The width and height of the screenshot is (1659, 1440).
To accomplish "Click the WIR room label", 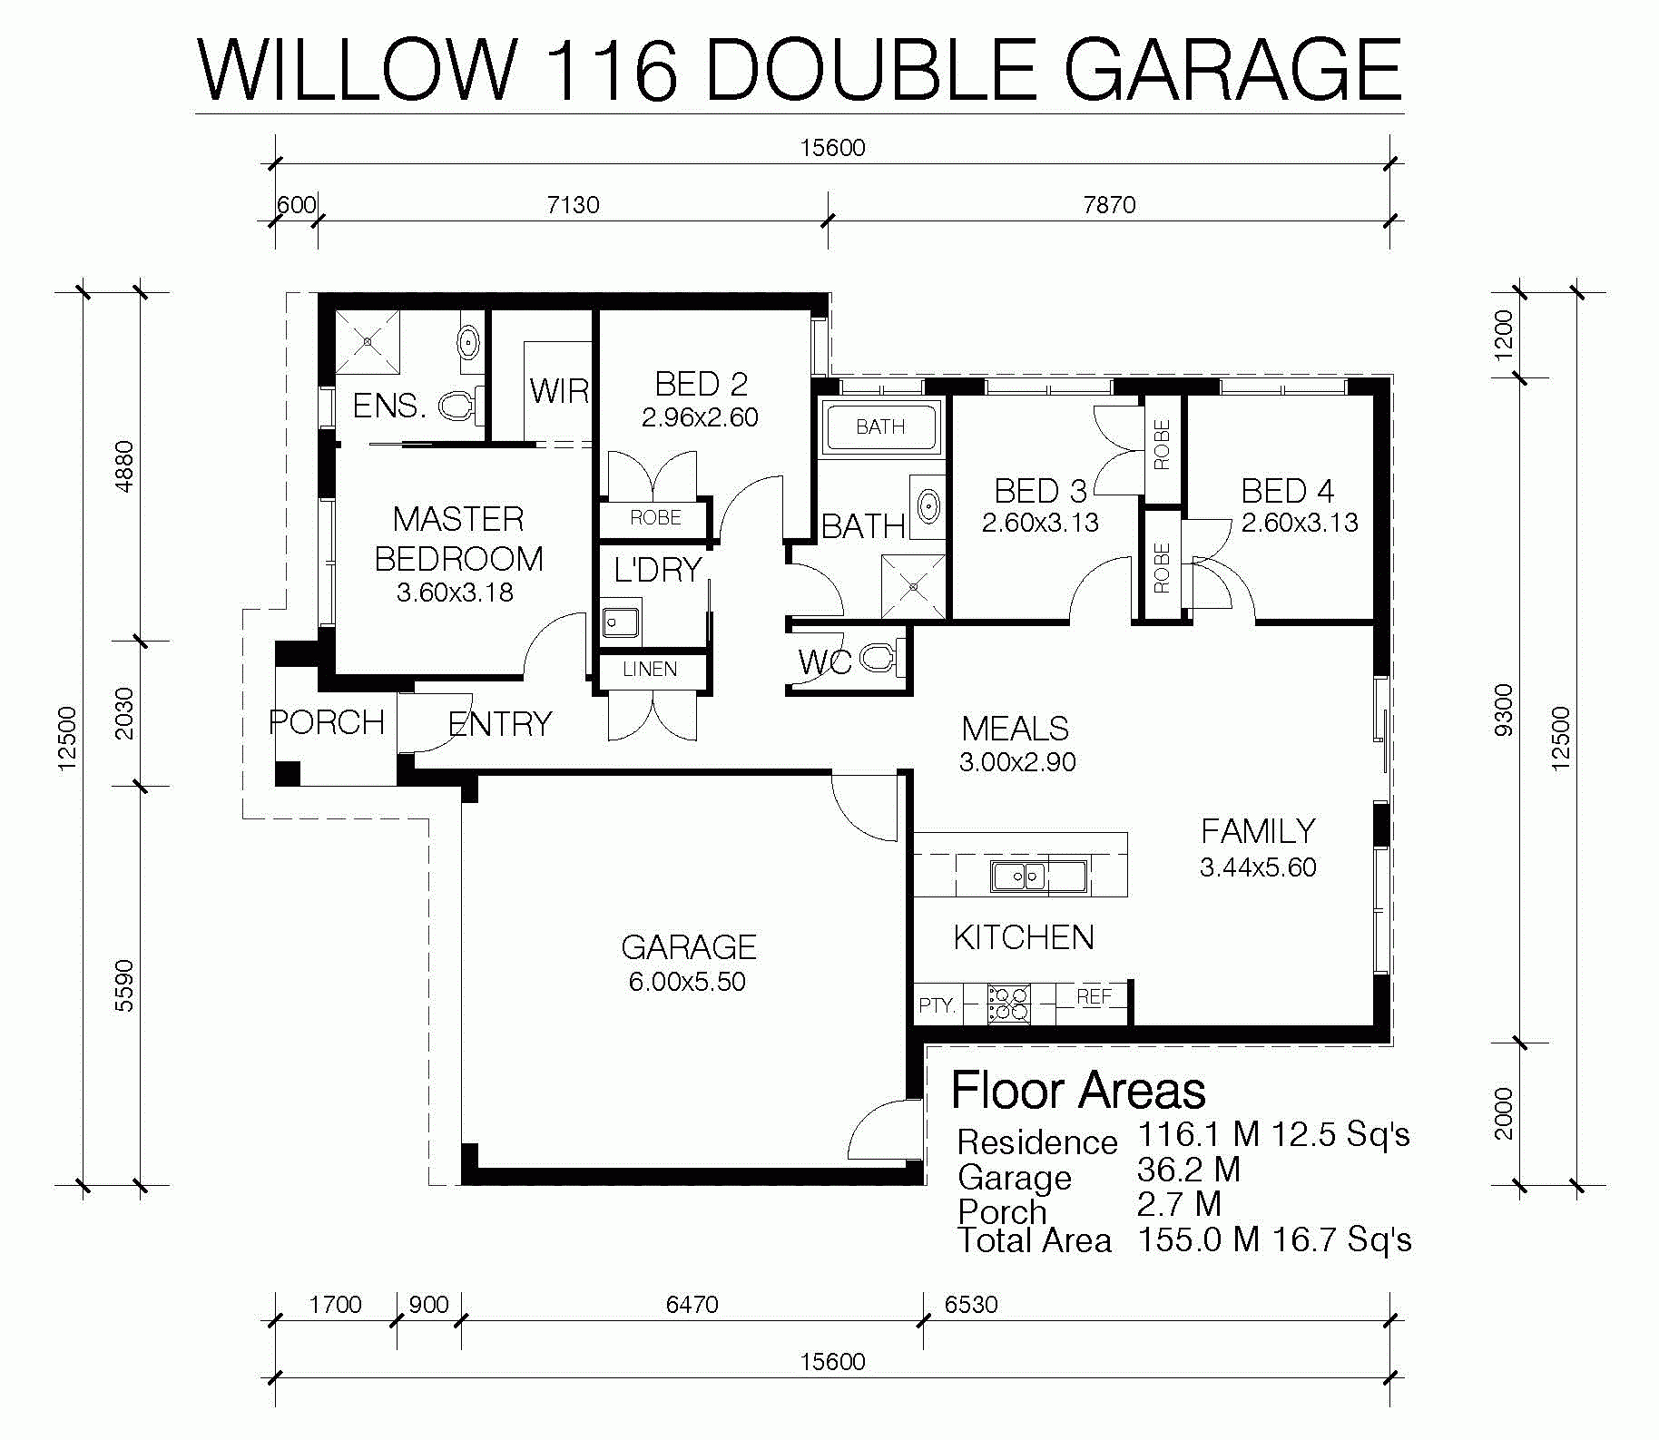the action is coord(559,391).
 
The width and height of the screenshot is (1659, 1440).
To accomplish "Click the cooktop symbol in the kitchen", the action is coord(1009,1004).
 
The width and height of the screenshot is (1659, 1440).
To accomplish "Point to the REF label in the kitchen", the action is coord(1094,996).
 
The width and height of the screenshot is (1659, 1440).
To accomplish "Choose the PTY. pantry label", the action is coord(937,1005).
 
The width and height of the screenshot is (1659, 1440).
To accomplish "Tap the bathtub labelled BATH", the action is coord(880,426).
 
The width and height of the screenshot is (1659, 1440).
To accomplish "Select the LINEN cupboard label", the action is coord(650,670).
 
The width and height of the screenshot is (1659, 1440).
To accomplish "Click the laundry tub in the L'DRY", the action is coord(621,623).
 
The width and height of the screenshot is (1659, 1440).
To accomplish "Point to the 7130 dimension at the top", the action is coord(573,205).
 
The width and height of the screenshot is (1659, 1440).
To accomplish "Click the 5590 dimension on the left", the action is coord(125,985).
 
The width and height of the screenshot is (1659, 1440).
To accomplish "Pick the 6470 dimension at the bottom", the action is coord(692,1305).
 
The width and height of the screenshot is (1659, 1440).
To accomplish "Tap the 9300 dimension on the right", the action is coord(1504,710).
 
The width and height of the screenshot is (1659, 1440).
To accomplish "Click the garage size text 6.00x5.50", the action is coord(687,982).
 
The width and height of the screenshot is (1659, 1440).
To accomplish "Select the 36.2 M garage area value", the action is coord(1188,1170).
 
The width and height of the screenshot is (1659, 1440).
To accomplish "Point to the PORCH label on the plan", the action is coord(327,722).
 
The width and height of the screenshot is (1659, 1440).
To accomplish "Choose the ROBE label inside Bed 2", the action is coord(655,518).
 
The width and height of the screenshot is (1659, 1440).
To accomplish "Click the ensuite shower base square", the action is coord(368,342).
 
